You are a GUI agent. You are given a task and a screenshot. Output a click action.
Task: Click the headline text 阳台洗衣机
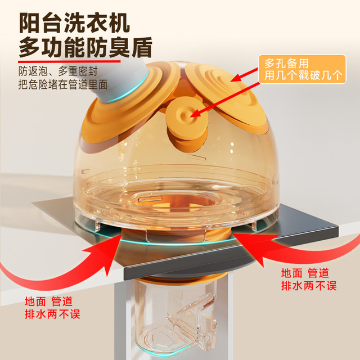coord(74,22)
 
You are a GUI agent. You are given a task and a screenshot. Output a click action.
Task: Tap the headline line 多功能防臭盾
coord(85,47)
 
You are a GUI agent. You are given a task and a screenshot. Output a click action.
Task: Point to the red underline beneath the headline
coord(69,61)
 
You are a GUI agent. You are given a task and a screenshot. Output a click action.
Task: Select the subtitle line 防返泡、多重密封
coord(58,71)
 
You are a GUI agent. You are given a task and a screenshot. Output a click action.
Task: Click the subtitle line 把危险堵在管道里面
coord(63,84)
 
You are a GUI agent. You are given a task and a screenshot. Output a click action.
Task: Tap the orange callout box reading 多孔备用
coord(302,69)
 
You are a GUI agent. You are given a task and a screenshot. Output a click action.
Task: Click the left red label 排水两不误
coord(52,314)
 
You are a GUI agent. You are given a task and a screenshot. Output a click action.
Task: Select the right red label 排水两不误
coord(309,286)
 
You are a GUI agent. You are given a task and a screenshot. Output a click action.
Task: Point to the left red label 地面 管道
coord(49,301)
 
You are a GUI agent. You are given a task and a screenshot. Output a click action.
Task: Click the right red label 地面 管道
coord(305,273)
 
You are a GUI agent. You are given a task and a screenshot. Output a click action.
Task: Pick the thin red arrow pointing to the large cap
coord(244,74)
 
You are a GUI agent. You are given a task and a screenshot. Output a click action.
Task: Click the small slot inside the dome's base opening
coord(150,199)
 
